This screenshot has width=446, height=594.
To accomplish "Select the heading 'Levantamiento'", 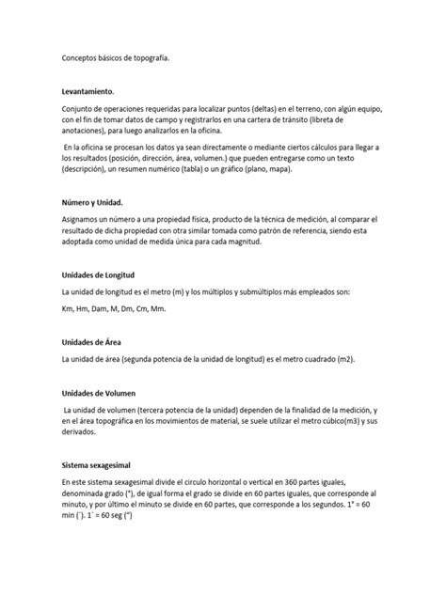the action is point(86,91).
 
